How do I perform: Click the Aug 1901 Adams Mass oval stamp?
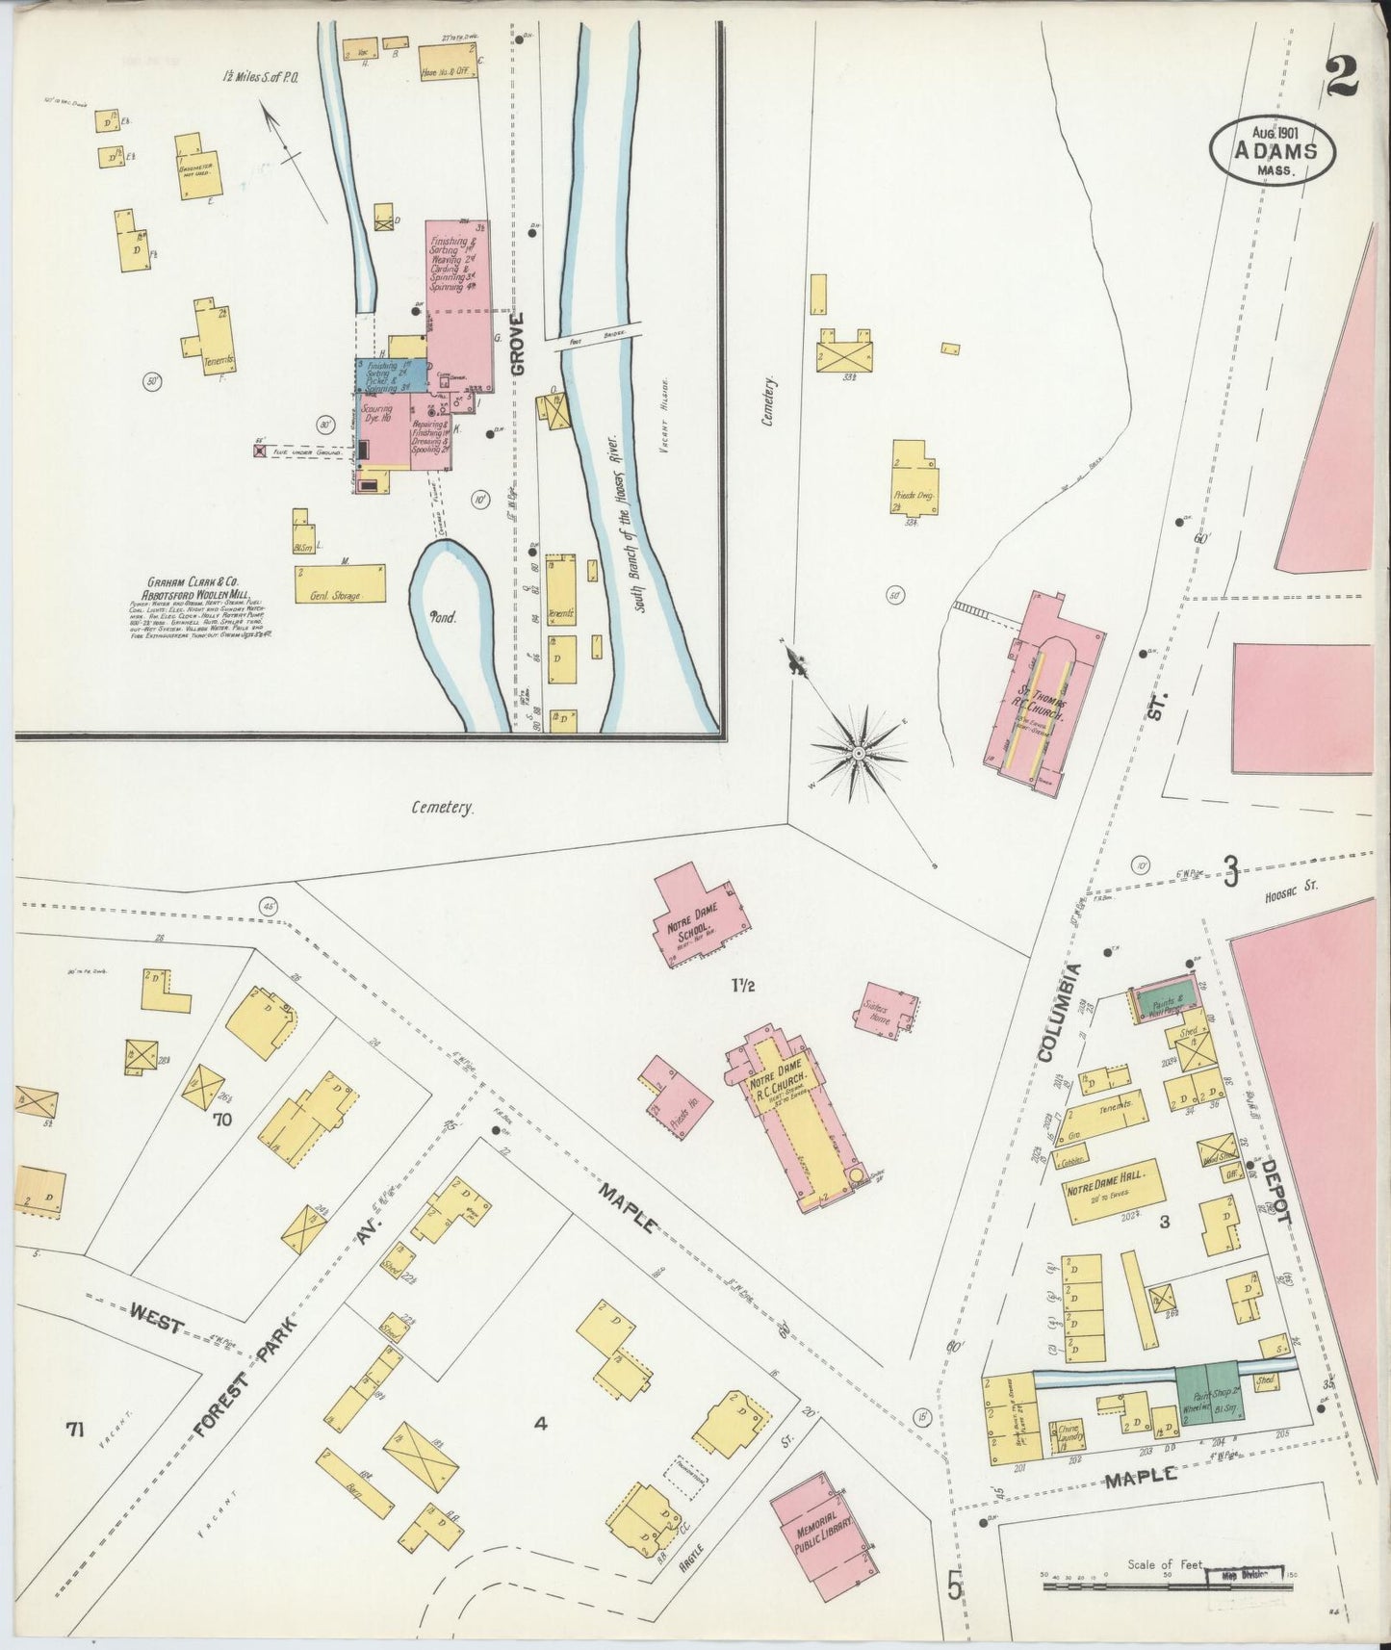point(1273,149)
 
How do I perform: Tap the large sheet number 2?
point(1341,76)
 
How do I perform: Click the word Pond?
point(444,617)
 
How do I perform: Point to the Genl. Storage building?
point(340,584)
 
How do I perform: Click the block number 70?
point(223,1120)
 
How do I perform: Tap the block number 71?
point(76,1431)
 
